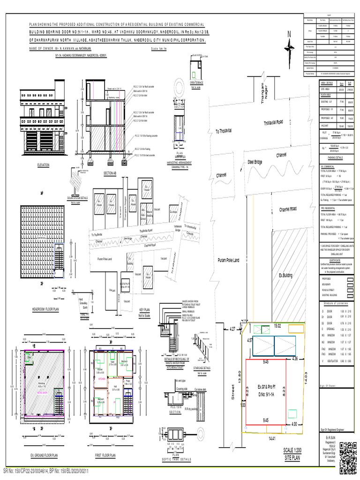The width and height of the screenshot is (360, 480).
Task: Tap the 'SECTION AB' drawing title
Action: tap(109, 173)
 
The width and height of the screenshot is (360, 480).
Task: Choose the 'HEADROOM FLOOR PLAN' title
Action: tap(45, 310)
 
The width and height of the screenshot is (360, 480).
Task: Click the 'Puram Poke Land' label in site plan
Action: tap(229, 260)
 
